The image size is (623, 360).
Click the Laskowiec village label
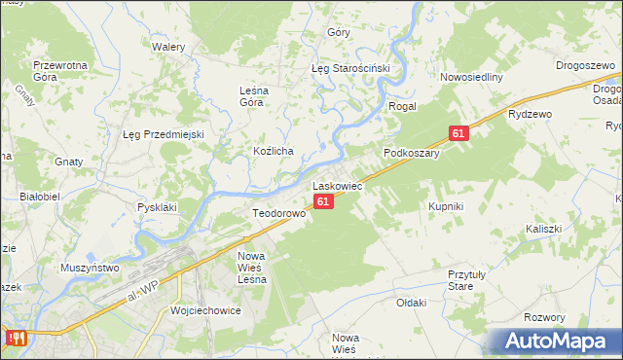click(x=337, y=185)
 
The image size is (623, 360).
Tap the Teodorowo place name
click(x=279, y=213)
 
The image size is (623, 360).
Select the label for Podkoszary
click(x=412, y=153)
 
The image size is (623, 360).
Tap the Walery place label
click(x=167, y=46)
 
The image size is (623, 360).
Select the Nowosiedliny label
click(x=470, y=78)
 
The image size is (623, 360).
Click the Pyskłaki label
click(x=157, y=207)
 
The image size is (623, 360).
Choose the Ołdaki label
click(x=412, y=303)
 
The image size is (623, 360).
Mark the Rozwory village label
click(x=544, y=318)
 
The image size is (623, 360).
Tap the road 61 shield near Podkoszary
click(x=458, y=132)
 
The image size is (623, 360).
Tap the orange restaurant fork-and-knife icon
click(x=16, y=339)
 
